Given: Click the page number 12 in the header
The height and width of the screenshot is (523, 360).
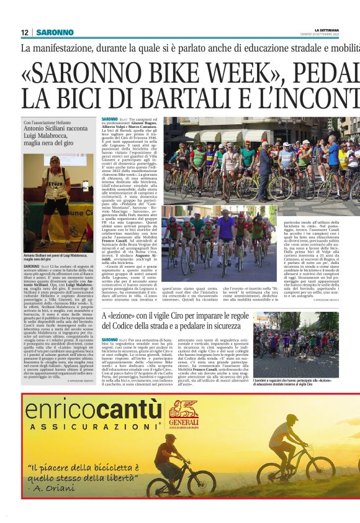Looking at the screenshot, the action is click(x=25, y=32).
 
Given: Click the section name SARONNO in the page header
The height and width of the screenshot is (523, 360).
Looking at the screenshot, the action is click(x=55, y=32).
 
